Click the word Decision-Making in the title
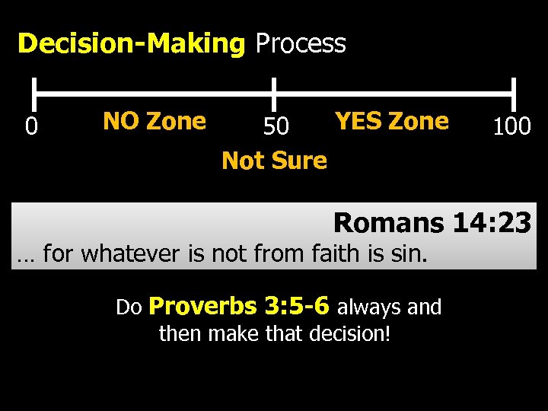click(130, 44)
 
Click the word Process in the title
click(301, 44)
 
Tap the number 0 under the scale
click(30, 126)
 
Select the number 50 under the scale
click(276, 126)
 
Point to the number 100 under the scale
click(511, 126)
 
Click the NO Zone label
click(154, 121)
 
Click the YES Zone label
click(392, 121)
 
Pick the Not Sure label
click(274, 161)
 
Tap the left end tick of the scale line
click(35, 94)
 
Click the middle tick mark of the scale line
click(274, 94)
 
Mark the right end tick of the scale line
click(515, 94)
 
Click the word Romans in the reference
click(388, 223)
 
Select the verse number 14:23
click(492, 223)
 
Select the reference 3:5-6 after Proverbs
click(296, 306)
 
